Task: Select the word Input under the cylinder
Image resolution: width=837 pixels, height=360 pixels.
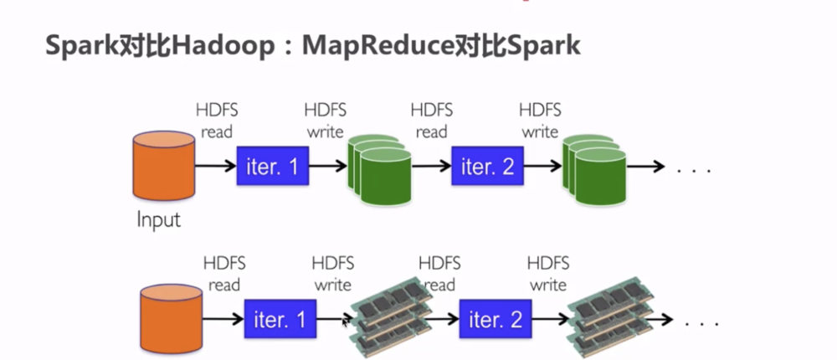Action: pyautogui.click(x=159, y=220)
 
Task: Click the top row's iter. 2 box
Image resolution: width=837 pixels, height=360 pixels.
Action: pyautogui.click(x=487, y=167)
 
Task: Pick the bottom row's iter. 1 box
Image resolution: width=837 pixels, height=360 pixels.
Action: pyautogui.click(x=280, y=319)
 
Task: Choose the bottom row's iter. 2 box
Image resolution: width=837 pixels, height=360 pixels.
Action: pyautogui.click(x=495, y=319)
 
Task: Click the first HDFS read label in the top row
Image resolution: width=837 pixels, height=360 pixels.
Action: pyautogui.click(x=216, y=121)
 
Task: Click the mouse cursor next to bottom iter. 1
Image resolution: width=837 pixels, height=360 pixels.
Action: pyautogui.click(x=346, y=320)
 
